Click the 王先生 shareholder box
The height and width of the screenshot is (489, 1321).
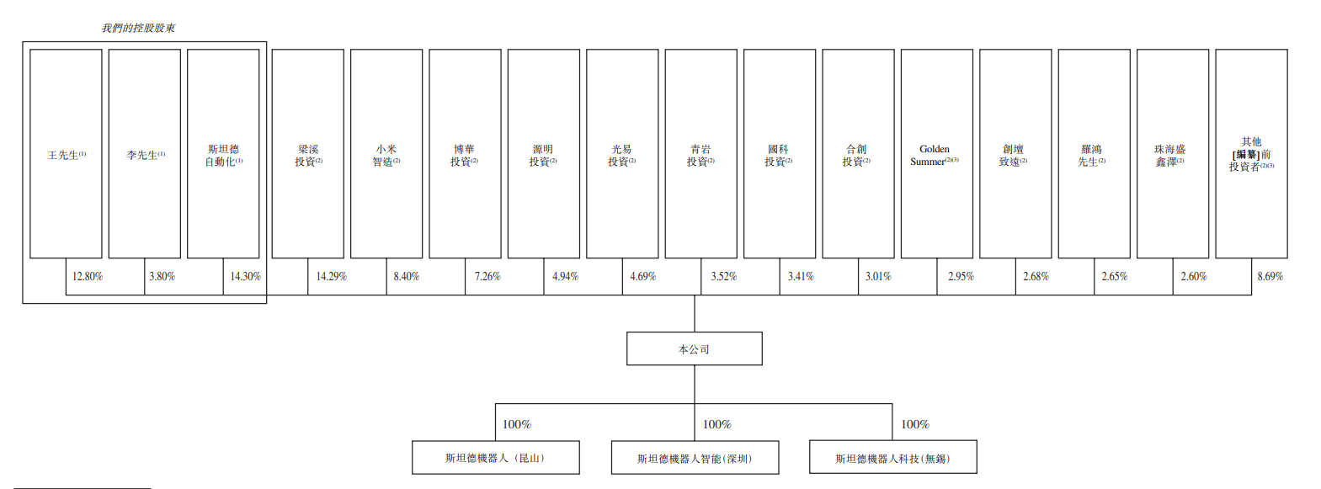[x=66, y=154]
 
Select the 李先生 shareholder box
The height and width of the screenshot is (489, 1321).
[x=145, y=154]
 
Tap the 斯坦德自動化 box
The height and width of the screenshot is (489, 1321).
[x=223, y=154]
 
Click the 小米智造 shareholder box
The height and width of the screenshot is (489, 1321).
[x=386, y=154]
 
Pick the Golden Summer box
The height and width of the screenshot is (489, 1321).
[x=936, y=154]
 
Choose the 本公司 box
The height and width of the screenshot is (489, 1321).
[x=694, y=348]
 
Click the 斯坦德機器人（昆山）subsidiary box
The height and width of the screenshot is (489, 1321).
[x=495, y=458]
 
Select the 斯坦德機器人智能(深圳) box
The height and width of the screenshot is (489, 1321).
[x=695, y=458]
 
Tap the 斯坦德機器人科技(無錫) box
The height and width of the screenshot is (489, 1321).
[x=892, y=458]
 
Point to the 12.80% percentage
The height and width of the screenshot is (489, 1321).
[x=88, y=276]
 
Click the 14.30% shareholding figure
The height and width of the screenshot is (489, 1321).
[x=246, y=276]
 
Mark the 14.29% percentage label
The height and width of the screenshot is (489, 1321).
[x=331, y=276]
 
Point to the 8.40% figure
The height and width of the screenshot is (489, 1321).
[x=406, y=276]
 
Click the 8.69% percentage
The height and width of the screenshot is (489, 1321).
[x=1270, y=276]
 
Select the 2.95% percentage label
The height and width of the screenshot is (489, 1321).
[x=961, y=276]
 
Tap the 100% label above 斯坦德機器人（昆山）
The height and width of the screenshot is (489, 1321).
[x=516, y=424]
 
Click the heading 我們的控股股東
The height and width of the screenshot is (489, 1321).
[x=139, y=28]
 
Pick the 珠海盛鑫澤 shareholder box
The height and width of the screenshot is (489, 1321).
[x=1172, y=154]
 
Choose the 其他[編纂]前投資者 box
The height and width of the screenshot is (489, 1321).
[x=1251, y=154]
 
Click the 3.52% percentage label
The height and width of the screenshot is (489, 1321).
[x=723, y=276]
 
